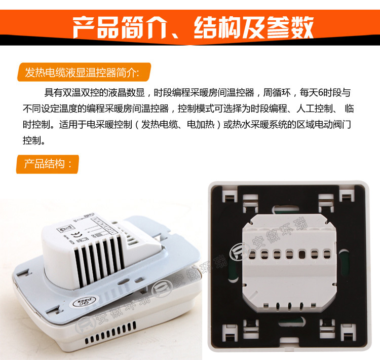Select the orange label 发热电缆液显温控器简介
point(84,72)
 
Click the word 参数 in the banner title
point(290,26)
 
